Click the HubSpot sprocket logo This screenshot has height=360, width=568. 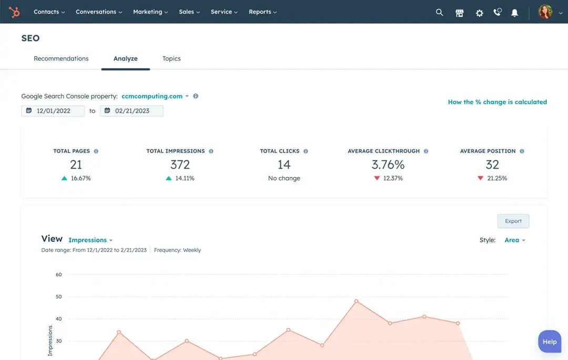[x=14, y=12]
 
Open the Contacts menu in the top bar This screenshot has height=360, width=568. [x=49, y=12]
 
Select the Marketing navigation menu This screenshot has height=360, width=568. [x=150, y=12]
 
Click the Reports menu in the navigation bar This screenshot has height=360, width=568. [x=262, y=12]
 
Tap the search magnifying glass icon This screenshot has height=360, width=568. [x=440, y=12]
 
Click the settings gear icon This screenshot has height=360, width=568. [x=479, y=13]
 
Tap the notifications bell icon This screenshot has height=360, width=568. [x=515, y=13]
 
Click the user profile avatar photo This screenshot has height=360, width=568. [x=545, y=12]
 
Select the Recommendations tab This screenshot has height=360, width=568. [x=61, y=58]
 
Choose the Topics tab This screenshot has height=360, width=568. [x=171, y=58]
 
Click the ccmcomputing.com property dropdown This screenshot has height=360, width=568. [x=155, y=96]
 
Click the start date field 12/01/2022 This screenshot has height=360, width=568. [x=53, y=111]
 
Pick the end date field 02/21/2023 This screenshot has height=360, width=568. [x=131, y=111]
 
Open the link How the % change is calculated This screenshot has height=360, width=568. [x=497, y=102]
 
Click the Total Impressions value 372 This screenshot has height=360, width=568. [x=180, y=164]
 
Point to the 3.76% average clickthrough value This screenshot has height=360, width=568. [x=388, y=164]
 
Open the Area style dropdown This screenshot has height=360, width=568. [x=514, y=240]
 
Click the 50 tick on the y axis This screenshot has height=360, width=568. [x=58, y=296]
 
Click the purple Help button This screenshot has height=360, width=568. [x=549, y=342]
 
